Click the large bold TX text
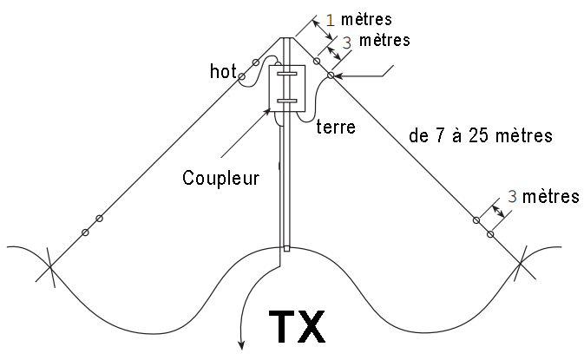[x=297, y=327]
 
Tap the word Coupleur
[x=221, y=178]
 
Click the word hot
[x=223, y=71]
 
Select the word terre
[x=336, y=127]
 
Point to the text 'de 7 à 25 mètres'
[x=481, y=135]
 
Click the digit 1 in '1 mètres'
[x=331, y=20]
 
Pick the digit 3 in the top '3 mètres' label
[x=347, y=43]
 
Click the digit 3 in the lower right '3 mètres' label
[x=512, y=196]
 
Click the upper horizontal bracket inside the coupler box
[x=286, y=74]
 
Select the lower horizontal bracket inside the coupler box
[x=286, y=101]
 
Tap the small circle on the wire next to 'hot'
[x=241, y=76]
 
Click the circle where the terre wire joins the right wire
[x=331, y=75]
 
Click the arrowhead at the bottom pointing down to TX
[x=242, y=345]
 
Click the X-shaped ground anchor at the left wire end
[x=50, y=266]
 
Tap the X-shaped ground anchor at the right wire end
[x=521, y=263]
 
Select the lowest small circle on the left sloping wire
[x=85, y=232]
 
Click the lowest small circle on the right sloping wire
[x=490, y=234]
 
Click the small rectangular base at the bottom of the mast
[x=286, y=248]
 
